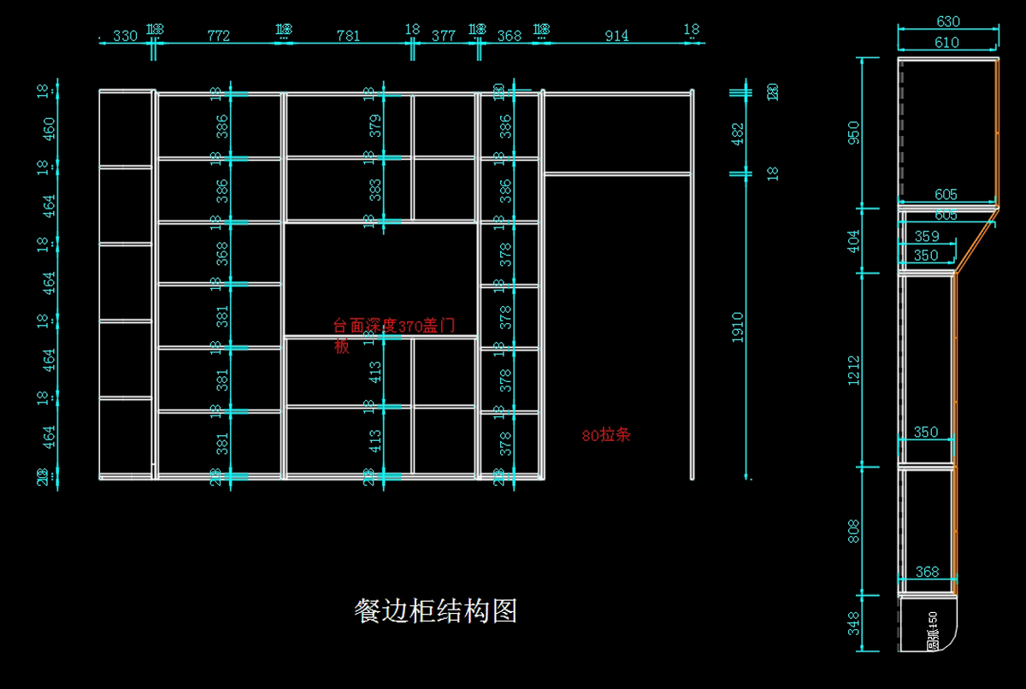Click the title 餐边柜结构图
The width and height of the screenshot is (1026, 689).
[435, 611]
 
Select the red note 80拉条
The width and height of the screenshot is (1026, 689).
[605, 435]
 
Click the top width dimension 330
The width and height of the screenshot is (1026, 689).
[125, 36]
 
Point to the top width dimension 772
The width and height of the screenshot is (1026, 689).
[219, 36]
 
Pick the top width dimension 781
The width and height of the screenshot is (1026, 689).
[348, 36]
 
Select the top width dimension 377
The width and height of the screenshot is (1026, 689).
[444, 36]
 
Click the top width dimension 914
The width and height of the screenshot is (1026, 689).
[616, 36]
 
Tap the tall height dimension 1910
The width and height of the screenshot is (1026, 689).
[738, 327]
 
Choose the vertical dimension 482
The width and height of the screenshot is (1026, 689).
[738, 132]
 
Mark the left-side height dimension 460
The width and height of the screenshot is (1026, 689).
[49, 128]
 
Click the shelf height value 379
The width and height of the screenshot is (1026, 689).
[375, 126]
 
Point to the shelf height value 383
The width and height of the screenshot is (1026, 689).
[375, 190]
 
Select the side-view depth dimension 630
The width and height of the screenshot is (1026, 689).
[948, 21]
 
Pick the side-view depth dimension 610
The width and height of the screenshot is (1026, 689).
[946, 42]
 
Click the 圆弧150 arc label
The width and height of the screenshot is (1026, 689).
[933, 630]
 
